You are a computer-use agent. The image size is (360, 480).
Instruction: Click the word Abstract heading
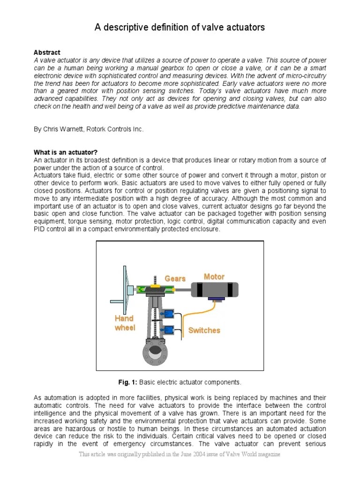pos(47,52)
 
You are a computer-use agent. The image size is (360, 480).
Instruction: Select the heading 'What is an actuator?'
pos(66,152)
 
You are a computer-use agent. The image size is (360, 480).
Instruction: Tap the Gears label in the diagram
pos(175,278)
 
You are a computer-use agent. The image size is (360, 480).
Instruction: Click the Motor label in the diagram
pos(214,277)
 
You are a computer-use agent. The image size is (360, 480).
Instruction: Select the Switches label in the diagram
pos(204,330)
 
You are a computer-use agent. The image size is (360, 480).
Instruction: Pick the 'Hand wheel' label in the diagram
pos(125,323)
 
